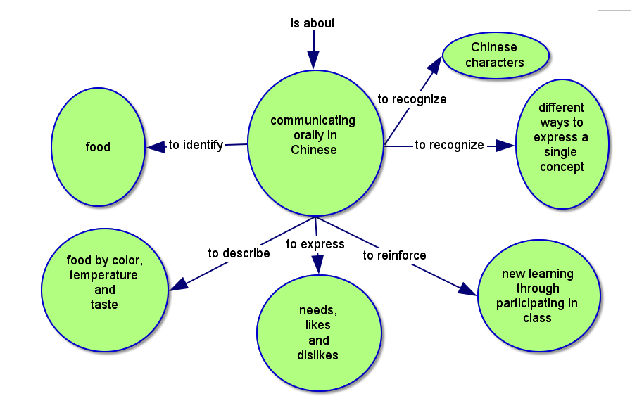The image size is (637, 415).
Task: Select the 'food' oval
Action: coord(98,147)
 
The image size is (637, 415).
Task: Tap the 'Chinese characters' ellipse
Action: coord(495,55)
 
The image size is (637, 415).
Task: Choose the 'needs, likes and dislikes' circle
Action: coord(319,333)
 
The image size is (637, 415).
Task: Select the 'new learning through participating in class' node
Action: coord(538,295)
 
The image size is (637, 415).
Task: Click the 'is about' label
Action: coord(313,23)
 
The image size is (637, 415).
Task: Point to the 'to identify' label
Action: coord(196,145)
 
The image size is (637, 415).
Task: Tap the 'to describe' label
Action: coord(239,253)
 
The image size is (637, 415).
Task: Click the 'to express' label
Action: coord(315,244)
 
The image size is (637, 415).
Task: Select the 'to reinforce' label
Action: coord(394,255)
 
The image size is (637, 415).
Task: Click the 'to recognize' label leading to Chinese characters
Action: coord(412,99)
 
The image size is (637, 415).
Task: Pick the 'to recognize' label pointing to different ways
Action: coord(449,145)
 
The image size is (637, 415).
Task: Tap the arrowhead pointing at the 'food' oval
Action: coord(156,147)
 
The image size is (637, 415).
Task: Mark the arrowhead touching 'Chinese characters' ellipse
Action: coord(434,65)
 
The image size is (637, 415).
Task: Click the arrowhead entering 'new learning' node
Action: coord(467,288)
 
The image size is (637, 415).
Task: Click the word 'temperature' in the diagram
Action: coord(103,275)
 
